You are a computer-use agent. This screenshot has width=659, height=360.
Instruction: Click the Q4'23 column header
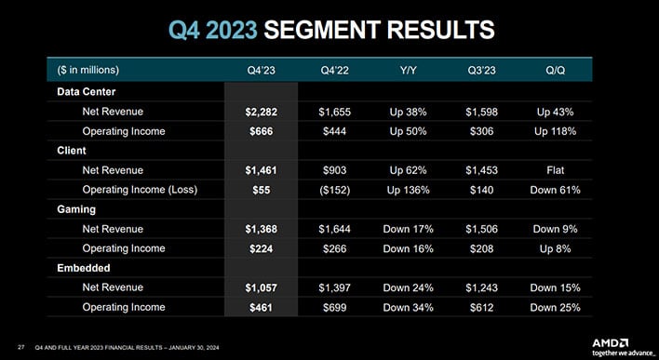click(x=261, y=70)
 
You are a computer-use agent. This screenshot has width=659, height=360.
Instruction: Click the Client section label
click(x=71, y=151)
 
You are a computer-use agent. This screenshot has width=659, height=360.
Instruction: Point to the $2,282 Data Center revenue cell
click(x=260, y=112)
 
